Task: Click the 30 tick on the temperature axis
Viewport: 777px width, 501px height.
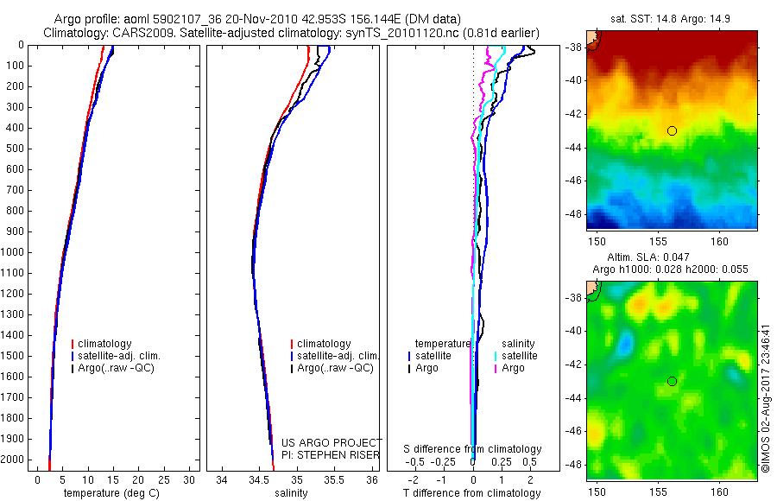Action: pyautogui.click(x=190, y=479)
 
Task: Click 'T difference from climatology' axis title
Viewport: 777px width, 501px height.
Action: pyautogui.click(x=472, y=493)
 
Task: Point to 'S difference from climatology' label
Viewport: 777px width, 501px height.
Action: pyautogui.click(x=473, y=449)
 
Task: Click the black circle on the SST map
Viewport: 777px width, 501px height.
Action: pyautogui.click(x=672, y=130)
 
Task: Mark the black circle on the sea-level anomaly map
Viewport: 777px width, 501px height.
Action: pyautogui.click(x=672, y=381)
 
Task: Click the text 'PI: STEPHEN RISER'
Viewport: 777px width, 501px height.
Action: pyautogui.click(x=331, y=454)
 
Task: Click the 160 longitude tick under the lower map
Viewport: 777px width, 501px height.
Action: pyautogui.click(x=721, y=491)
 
